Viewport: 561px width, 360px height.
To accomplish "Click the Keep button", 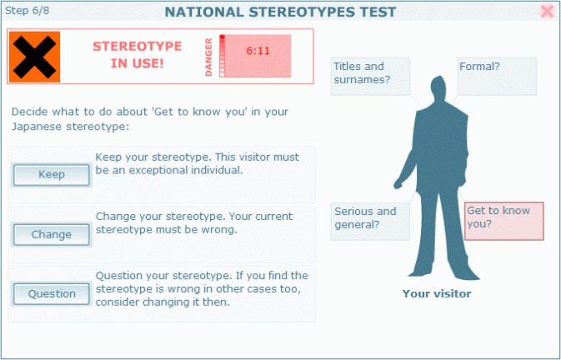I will click(x=52, y=175).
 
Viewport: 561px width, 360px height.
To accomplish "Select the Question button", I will click(x=52, y=293).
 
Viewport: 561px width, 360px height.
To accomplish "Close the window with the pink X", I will click(x=547, y=12).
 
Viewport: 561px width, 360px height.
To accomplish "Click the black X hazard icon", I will click(x=34, y=57).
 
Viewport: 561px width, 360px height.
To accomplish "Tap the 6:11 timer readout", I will click(x=258, y=51).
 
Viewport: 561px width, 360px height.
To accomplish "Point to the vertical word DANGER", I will click(x=208, y=57).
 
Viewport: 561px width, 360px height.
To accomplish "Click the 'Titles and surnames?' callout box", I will click(x=369, y=76).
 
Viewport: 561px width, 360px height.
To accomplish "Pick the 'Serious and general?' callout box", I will click(x=369, y=221).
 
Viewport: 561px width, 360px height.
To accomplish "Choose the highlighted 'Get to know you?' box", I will click(x=503, y=221).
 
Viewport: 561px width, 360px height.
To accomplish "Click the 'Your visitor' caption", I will click(x=437, y=293).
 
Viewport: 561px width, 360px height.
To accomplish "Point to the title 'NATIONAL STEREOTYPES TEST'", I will click(x=280, y=12).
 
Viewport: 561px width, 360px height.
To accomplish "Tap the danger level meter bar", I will click(x=223, y=57).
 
